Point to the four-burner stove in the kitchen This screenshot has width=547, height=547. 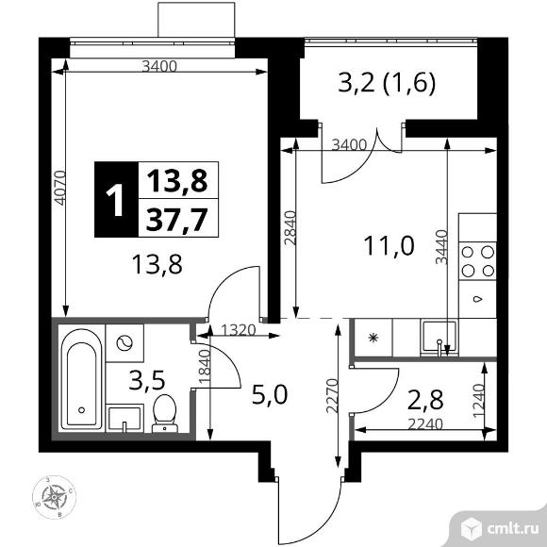[476, 261]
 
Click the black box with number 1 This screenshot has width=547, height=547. [114, 200]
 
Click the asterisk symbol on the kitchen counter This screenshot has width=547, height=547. [373, 337]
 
